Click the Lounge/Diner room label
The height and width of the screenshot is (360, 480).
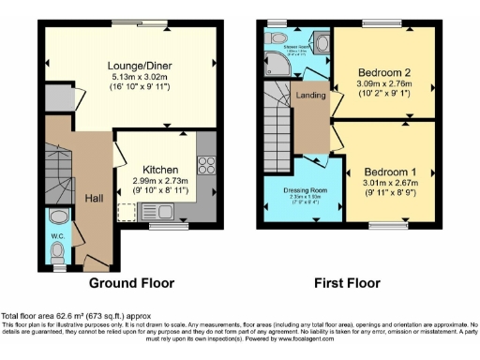click(131, 65)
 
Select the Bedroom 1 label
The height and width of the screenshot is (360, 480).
click(392, 173)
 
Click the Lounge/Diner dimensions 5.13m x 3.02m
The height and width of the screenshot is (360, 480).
click(131, 78)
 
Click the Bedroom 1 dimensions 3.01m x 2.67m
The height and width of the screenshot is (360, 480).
click(392, 187)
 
